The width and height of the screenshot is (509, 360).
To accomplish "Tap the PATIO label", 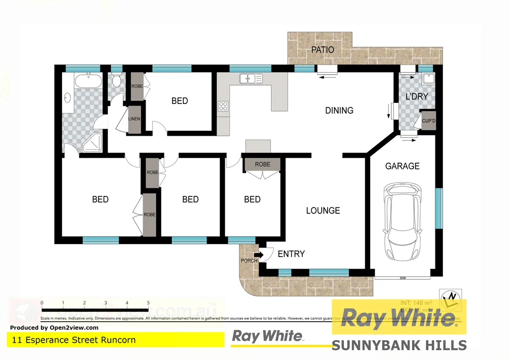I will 323,50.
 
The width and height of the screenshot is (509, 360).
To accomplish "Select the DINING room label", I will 339,110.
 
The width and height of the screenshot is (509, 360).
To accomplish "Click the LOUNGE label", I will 323,210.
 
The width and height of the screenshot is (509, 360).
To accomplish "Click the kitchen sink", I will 252,78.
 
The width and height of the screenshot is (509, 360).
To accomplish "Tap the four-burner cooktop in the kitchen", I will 223,106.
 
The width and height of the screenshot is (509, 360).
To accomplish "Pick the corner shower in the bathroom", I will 92,143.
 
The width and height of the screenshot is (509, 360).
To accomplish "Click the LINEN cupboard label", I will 134,119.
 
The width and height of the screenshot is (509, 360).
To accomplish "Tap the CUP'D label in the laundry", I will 428,121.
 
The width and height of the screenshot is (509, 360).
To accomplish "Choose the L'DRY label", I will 417,96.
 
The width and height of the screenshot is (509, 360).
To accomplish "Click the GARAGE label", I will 403,166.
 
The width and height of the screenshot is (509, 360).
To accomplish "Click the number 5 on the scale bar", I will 148,303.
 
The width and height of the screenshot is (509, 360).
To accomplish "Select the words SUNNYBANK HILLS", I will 399,345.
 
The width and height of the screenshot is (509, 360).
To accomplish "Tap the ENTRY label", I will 291,254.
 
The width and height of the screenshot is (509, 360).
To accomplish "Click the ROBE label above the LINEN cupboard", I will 137,87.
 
